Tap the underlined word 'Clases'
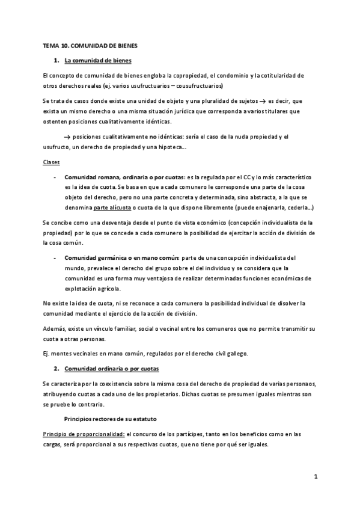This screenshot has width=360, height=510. [51, 162]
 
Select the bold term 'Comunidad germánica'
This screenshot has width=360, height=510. [94, 257]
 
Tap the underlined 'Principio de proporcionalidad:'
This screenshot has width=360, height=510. [84, 434]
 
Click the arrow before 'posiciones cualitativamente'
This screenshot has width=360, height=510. [67, 137]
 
